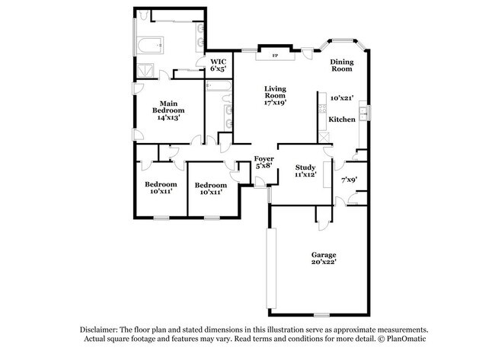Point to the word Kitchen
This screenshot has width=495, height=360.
[342, 119]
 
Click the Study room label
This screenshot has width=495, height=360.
[305, 167]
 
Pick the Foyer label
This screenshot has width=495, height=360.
[264, 158]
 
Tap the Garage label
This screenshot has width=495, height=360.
[324, 254]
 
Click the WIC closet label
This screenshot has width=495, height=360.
[218, 61]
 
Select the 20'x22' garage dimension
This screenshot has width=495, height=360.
[324, 263]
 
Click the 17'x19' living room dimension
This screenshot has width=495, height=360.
[275, 103]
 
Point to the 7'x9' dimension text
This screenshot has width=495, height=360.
[349, 180]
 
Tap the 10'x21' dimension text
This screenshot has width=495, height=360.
[342, 97]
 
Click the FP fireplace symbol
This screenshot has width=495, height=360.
[275, 56]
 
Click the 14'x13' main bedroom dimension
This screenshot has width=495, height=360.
[168, 118]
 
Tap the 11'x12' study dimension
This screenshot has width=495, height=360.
[305, 175]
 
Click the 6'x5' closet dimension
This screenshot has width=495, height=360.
[218, 68]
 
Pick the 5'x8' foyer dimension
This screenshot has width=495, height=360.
[264, 166]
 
